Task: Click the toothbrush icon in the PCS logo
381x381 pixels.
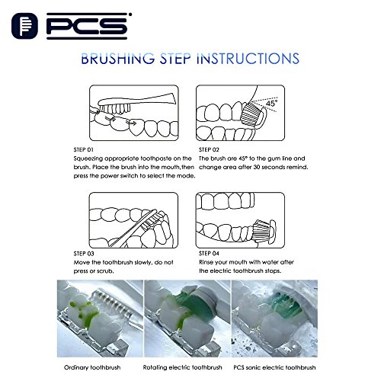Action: tap(24, 26)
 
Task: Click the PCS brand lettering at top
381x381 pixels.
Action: tap(88, 26)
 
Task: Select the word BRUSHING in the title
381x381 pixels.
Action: tap(118, 59)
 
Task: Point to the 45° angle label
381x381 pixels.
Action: tap(271, 103)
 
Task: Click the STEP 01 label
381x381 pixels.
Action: tap(83, 149)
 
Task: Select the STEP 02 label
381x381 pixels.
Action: tap(209, 149)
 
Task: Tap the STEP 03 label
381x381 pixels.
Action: tap(84, 254)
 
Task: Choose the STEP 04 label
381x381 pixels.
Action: tap(209, 253)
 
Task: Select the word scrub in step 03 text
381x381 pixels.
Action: tap(105, 271)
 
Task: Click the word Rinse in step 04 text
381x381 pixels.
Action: tap(207, 262)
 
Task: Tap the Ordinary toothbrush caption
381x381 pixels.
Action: tap(92, 367)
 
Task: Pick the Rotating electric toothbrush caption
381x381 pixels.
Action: tap(182, 367)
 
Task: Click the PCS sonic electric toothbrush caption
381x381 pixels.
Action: tap(274, 367)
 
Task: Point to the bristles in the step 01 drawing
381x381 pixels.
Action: tap(115, 109)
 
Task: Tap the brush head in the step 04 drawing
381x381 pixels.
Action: tap(264, 231)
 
